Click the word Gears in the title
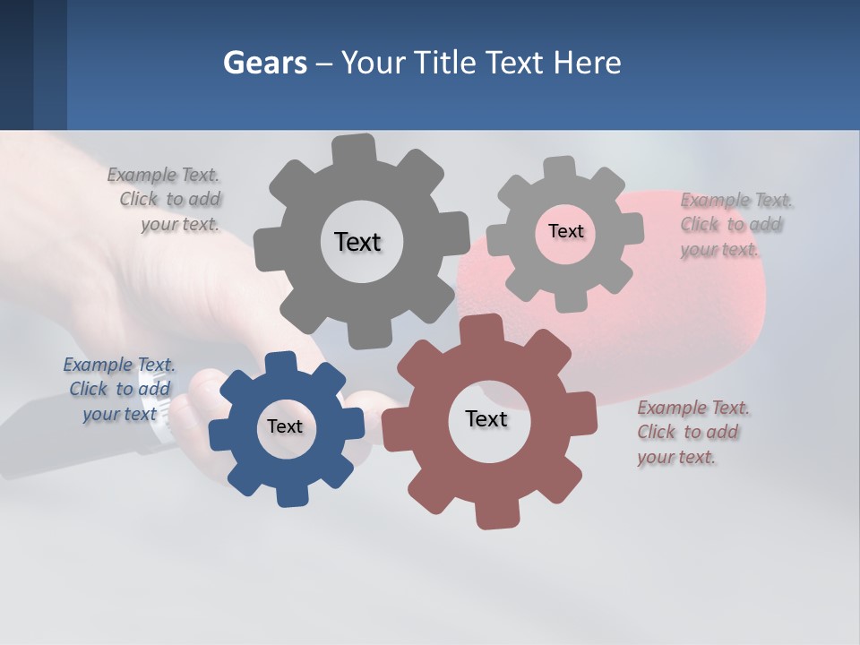[x=264, y=63]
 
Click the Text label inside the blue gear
[x=285, y=427]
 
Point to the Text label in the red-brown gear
[x=486, y=419]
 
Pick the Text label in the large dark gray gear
[x=357, y=242]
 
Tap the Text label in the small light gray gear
[x=565, y=231]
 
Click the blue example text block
[x=120, y=389]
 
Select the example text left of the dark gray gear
[x=167, y=199]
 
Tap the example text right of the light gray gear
[x=735, y=224]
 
